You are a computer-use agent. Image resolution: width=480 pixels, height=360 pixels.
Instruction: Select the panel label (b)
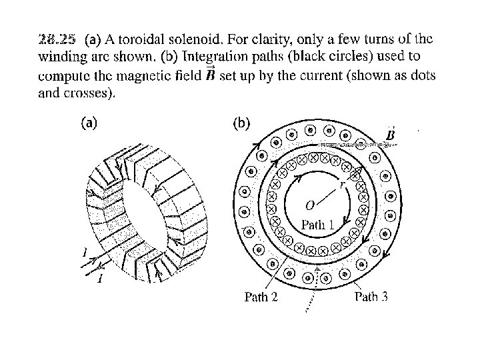point(241,123)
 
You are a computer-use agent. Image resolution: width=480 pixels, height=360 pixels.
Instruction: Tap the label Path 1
point(318,225)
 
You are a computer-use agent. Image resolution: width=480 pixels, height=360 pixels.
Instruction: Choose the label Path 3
point(371,297)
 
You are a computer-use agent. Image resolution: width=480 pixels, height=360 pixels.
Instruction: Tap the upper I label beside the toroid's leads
point(85,252)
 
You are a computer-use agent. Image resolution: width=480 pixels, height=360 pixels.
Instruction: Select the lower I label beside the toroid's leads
point(99,278)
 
